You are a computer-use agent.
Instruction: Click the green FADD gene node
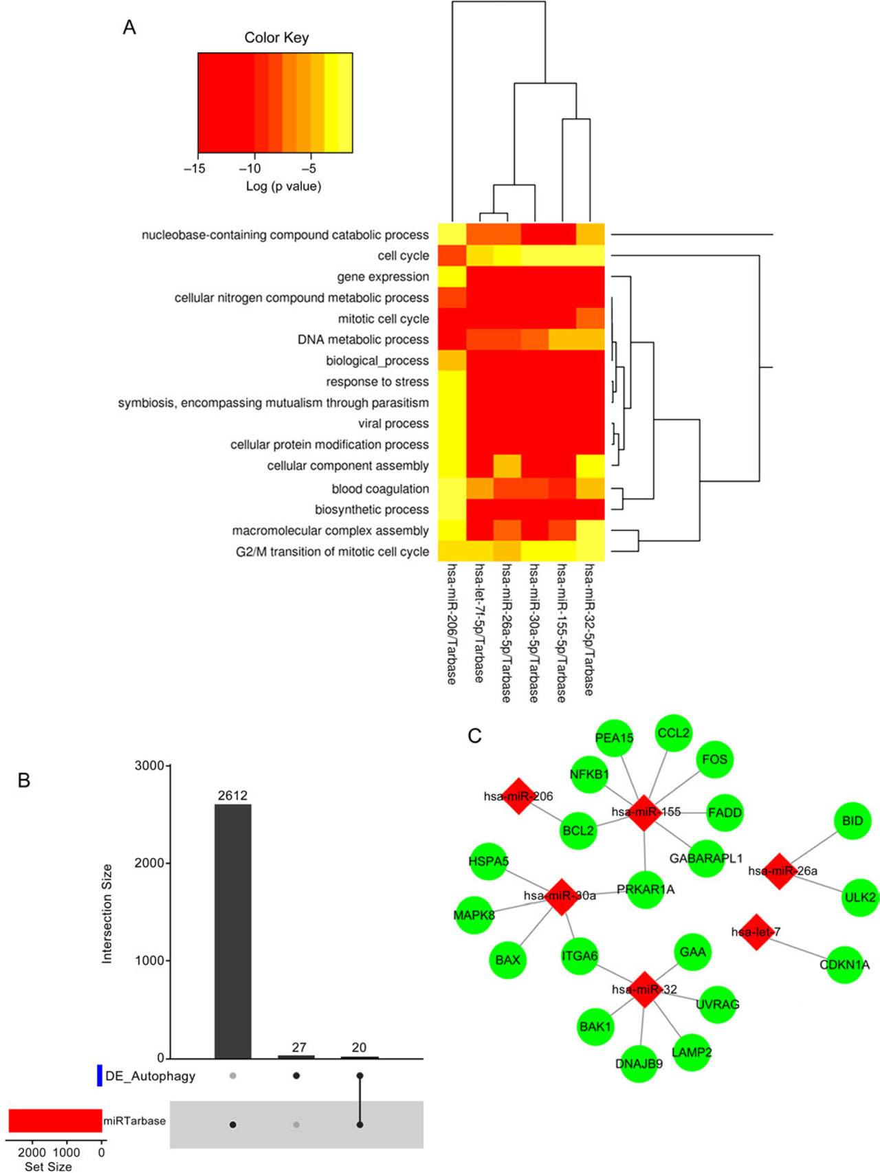pos(725,812)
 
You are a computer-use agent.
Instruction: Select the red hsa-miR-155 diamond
pos(644,812)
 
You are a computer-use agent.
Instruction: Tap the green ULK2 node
pos(860,897)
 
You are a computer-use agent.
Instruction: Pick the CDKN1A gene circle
pos(844,965)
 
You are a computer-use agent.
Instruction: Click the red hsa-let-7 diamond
pos(756,932)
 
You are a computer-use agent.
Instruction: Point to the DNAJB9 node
pos(639,1064)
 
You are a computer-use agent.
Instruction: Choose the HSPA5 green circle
pos(488,862)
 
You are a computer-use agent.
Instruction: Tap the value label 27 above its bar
pos(298,1047)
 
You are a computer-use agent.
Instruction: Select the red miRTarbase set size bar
pos(55,1121)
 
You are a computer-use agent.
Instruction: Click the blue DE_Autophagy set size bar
pos(100,1076)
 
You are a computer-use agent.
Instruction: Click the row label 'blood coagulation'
pos(380,489)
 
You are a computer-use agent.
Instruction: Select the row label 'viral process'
pos(393,424)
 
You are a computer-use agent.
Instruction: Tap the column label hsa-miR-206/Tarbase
pos(452,624)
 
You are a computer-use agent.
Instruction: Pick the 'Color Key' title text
pos(276,38)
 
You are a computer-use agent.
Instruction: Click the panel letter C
pos(474,736)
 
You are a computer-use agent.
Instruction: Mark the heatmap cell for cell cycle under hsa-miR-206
pos(452,256)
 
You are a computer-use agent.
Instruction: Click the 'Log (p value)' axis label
pos(283,186)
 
